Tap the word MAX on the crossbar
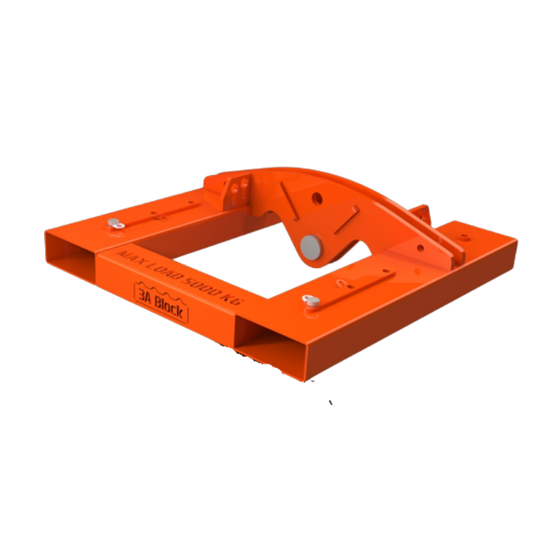click(130, 259)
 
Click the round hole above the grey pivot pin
click(317, 199)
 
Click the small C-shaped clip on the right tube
click(341, 282)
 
